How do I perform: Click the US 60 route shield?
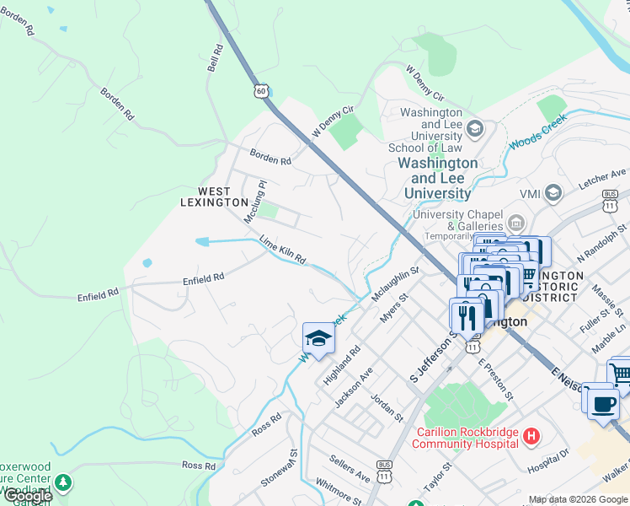point(262,90)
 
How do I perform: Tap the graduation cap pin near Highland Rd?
point(318,338)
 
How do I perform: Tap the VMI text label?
point(529,194)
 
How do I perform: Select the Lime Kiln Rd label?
point(282,249)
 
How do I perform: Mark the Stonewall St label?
point(280,467)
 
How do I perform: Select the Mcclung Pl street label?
point(255,201)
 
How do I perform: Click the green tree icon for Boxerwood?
point(63,483)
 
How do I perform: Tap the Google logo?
point(28,496)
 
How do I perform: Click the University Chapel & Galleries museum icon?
point(516,224)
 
